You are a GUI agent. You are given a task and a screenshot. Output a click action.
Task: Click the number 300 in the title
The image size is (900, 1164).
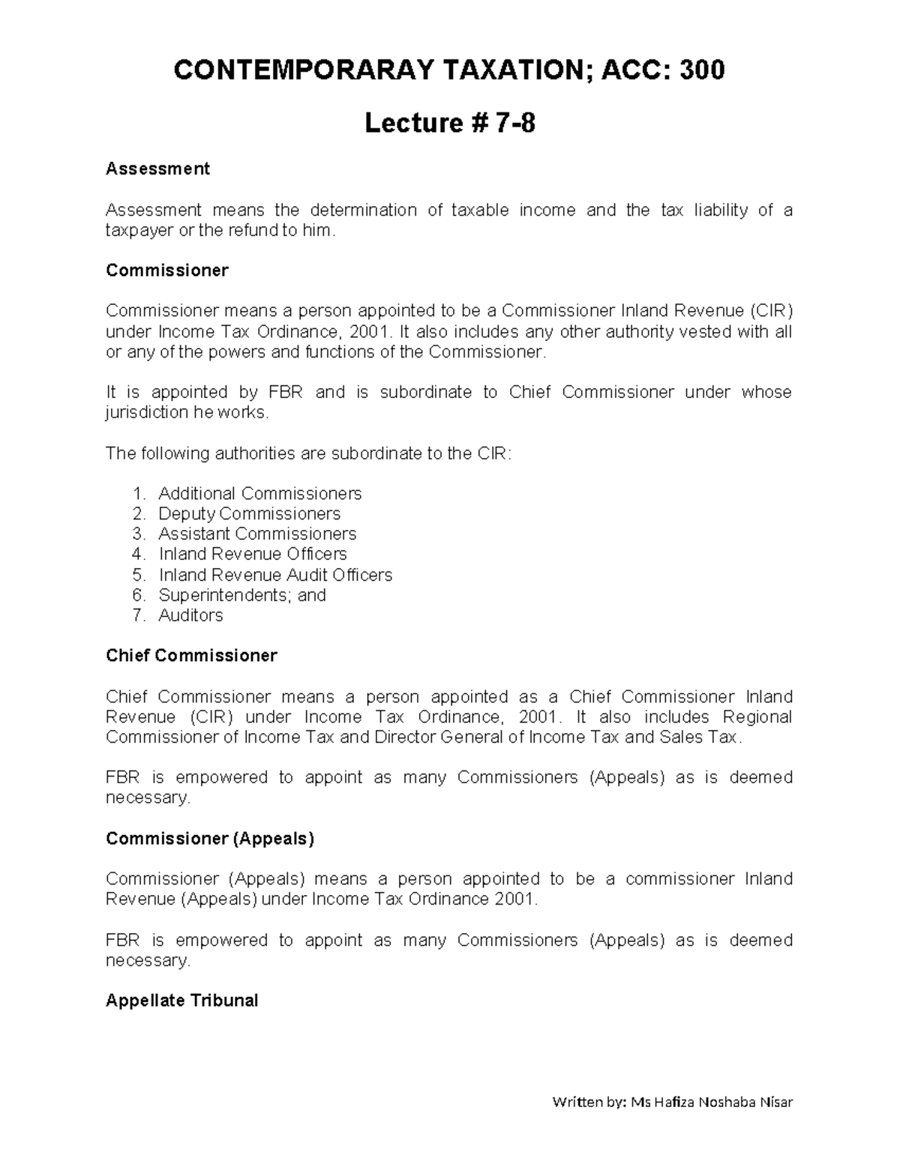(702, 70)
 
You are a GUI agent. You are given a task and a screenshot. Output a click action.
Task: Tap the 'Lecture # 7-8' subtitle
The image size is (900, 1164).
(449, 123)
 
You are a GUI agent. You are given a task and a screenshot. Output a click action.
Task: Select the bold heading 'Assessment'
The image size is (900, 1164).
(157, 169)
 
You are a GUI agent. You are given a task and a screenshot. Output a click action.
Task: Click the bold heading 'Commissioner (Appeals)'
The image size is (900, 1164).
(210, 839)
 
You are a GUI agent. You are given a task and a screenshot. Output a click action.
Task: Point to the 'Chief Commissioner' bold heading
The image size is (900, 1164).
(191, 656)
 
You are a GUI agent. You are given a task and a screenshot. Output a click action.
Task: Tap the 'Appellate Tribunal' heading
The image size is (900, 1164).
(181, 1001)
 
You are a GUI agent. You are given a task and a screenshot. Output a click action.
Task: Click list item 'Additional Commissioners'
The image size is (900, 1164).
(259, 494)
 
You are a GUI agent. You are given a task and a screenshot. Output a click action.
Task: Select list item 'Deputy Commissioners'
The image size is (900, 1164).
(249, 514)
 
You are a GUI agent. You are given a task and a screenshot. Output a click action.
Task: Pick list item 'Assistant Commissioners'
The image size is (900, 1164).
(257, 534)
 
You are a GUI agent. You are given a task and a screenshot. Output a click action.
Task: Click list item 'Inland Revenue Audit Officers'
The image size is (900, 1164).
(275, 575)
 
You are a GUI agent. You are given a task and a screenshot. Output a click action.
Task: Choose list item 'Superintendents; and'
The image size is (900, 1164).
(242, 595)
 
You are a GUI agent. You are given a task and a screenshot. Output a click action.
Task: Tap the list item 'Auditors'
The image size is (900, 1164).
(190, 615)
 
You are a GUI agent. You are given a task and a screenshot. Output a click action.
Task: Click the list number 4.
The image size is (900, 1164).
(137, 555)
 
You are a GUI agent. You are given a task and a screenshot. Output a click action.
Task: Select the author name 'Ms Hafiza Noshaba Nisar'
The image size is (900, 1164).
(712, 1102)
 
